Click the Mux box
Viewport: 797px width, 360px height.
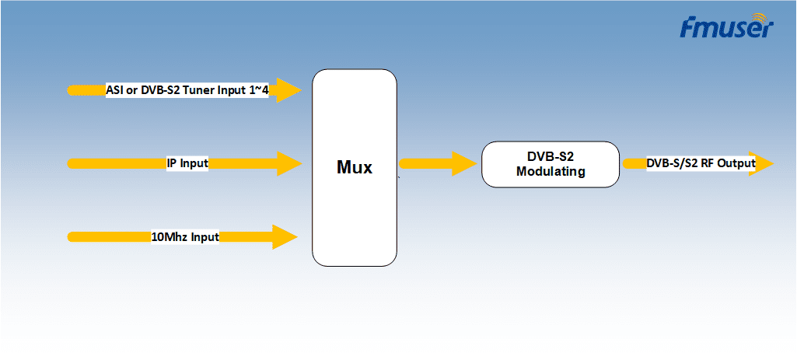(x=355, y=168)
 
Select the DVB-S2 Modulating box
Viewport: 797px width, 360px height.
(x=551, y=164)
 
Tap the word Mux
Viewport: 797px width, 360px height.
(x=355, y=167)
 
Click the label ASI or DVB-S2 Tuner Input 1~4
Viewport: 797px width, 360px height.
(x=187, y=90)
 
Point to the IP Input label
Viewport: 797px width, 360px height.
(x=187, y=164)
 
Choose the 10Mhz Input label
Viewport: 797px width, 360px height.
(x=185, y=237)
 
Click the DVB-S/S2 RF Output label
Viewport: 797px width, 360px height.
(x=701, y=164)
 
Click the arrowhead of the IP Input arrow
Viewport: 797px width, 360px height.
(x=289, y=164)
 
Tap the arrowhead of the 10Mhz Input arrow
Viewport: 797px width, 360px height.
(x=285, y=237)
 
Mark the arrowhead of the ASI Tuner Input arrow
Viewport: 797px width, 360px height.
(x=289, y=90)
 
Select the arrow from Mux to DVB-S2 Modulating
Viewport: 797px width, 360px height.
(x=439, y=164)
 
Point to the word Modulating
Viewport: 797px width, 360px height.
(x=551, y=172)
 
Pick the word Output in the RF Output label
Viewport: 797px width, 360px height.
(x=737, y=164)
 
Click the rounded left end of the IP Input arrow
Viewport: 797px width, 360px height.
(x=72, y=164)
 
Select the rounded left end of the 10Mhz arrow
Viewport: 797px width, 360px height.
(x=72, y=237)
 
